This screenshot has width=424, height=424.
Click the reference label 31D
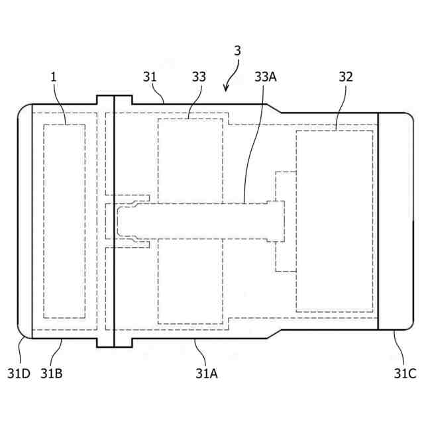coord(19,373)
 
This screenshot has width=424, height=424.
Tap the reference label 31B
coord(51,373)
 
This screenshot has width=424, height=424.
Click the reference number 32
coord(345,77)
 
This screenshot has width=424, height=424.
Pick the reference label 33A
coord(265,77)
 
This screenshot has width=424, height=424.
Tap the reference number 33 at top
coord(199,77)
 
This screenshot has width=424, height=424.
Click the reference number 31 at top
coord(150,77)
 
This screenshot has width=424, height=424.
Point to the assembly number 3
coord(237,51)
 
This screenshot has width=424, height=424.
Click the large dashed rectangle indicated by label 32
coord(334,221)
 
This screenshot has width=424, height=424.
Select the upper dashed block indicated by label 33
coord(190,159)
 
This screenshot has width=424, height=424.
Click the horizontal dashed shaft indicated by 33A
coord(199,220)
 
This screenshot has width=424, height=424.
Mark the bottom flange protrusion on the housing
coord(114,342)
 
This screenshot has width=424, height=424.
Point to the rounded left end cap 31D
coord(25,221)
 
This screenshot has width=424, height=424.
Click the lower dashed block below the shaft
coord(190,282)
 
